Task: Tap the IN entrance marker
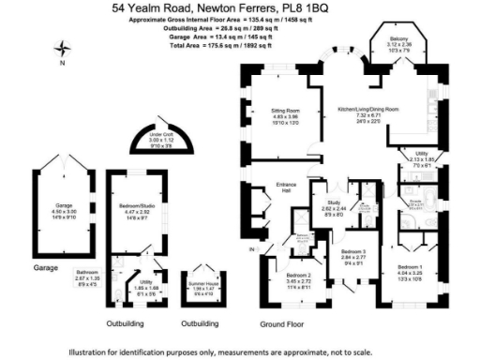(x=250, y=251)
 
